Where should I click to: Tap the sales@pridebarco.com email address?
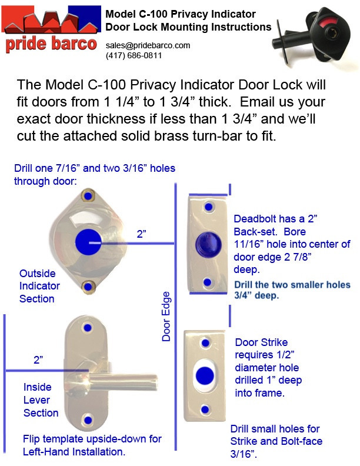(x=148, y=45)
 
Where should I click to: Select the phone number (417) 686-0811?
(x=134, y=55)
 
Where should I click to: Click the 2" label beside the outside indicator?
(x=142, y=234)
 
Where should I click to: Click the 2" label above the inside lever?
(x=38, y=360)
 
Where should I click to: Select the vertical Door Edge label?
(x=166, y=316)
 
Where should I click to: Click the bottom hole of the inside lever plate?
(x=88, y=421)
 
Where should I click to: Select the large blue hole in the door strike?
(x=205, y=373)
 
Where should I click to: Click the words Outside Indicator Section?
(x=39, y=286)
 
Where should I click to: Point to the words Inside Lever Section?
(x=41, y=400)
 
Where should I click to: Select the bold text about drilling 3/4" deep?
(x=292, y=291)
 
